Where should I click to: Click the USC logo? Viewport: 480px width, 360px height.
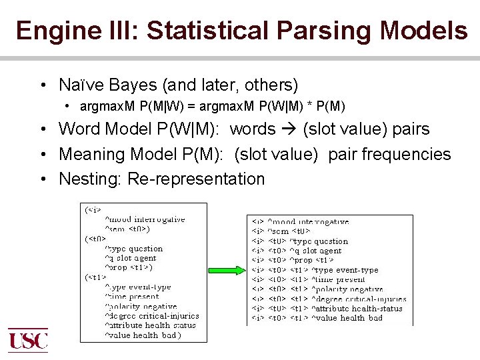(28, 341)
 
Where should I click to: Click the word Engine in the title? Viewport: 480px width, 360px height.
(48, 31)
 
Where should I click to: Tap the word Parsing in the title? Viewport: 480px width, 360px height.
(319, 31)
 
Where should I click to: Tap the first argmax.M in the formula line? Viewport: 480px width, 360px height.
(104, 107)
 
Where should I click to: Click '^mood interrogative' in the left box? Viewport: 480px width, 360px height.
(145, 219)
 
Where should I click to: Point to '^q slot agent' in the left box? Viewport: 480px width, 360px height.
(130, 258)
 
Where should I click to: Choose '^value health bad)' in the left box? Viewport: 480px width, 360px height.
(143, 335)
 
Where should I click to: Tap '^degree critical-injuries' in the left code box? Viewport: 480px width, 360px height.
(151, 315)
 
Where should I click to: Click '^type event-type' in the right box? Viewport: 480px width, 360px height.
(345, 270)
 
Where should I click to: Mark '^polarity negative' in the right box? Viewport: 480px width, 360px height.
(347, 289)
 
